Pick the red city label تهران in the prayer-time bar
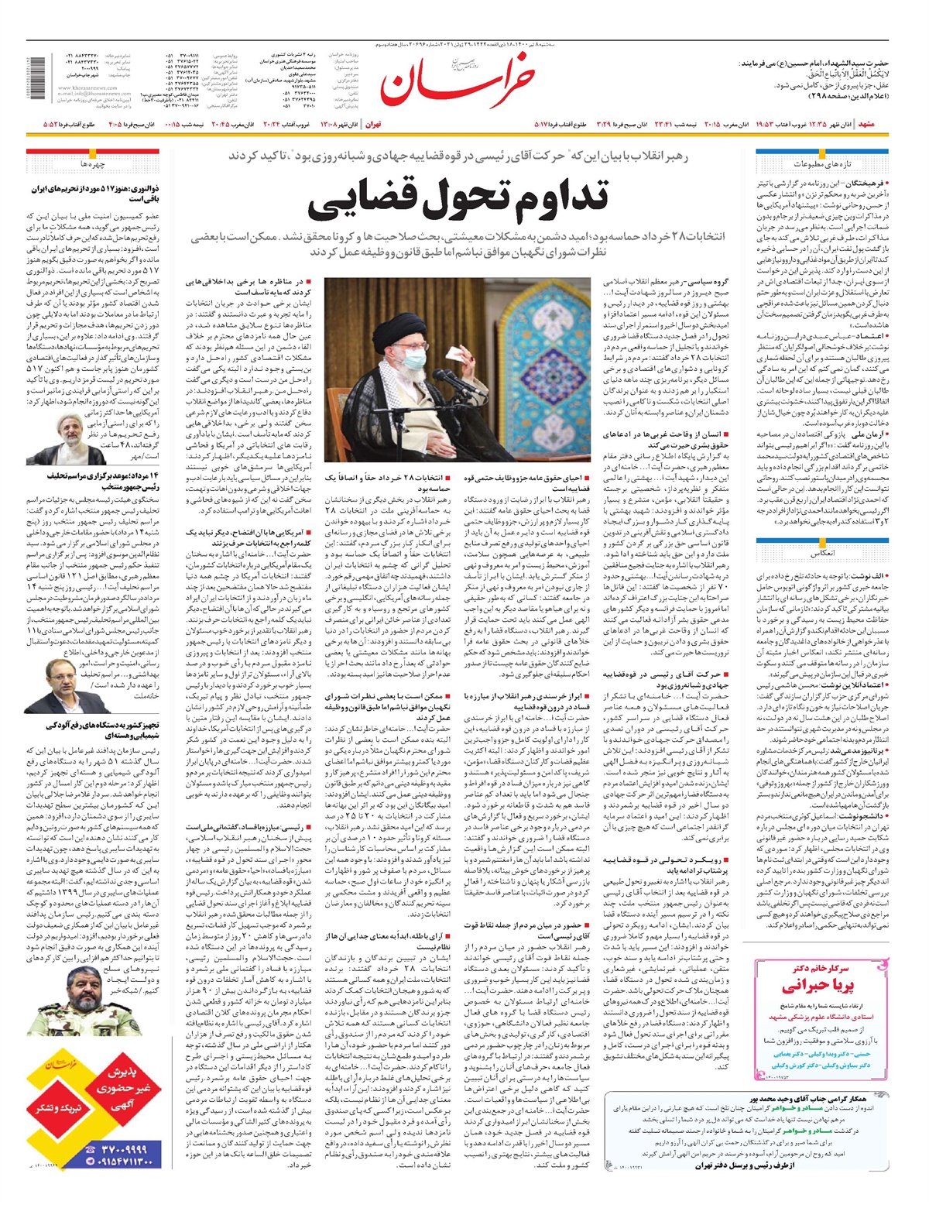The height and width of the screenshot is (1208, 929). click(x=372, y=124)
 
